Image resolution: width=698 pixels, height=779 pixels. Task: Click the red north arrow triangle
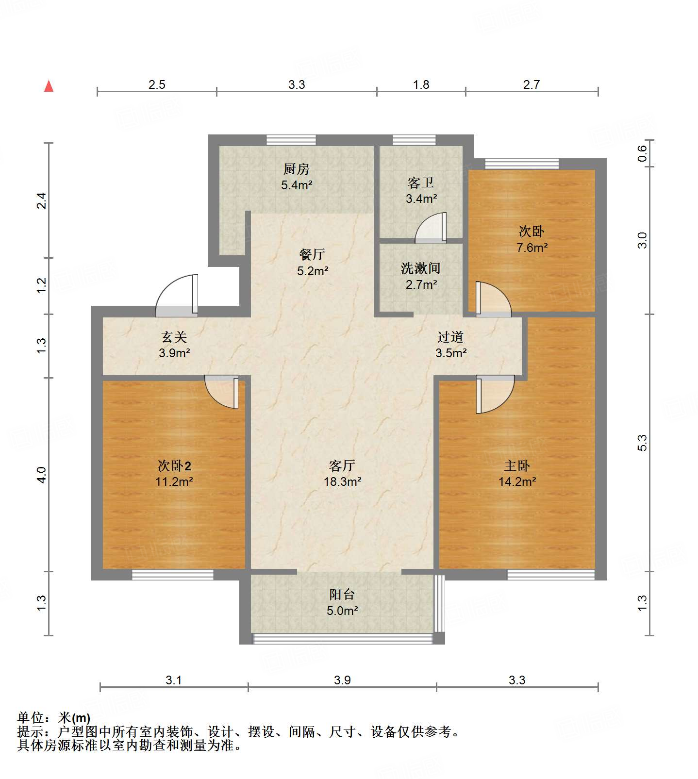pyautogui.click(x=49, y=86)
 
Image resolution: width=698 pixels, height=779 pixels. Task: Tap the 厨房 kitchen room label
pyautogui.click(x=296, y=169)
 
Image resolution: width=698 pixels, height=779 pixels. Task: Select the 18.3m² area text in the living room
pyautogui.click(x=343, y=481)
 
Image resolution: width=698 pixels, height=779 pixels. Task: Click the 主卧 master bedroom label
pyautogui.click(x=516, y=466)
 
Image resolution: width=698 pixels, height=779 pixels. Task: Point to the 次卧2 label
pyautogui.click(x=174, y=466)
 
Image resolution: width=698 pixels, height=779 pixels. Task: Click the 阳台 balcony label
pyautogui.click(x=342, y=595)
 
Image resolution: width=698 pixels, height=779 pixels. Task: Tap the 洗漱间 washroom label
pyautogui.click(x=420, y=268)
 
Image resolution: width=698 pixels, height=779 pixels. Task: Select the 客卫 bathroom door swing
pyautogui.click(x=432, y=229)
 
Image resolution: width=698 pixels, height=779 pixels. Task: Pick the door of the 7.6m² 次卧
pyautogui.click(x=493, y=300)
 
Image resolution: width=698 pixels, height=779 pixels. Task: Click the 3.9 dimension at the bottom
pyautogui.click(x=342, y=680)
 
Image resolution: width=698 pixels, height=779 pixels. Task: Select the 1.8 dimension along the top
pyautogui.click(x=421, y=84)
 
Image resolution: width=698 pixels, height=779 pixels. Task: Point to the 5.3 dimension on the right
pyautogui.click(x=642, y=443)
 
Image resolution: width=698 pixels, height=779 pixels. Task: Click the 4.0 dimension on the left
pyautogui.click(x=42, y=474)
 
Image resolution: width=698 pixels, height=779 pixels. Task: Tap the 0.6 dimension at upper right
pyautogui.click(x=642, y=154)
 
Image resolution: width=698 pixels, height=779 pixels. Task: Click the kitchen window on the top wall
pyautogui.click(x=291, y=140)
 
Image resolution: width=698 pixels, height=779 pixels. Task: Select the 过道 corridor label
pyautogui.click(x=450, y=337)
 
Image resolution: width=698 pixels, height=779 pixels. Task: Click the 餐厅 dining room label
pyautogui.click(x=312, y=254)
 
